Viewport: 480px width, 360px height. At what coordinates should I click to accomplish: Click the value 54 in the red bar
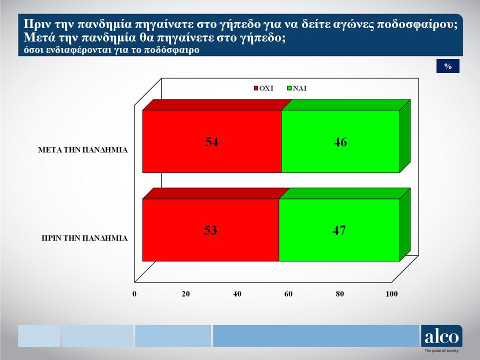(x=211, y=142)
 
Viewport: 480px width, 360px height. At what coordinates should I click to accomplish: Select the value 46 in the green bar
(x=340, y=142)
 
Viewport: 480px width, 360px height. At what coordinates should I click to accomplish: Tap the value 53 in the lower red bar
(x=210, y=230)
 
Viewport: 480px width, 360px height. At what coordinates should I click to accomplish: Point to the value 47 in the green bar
(x=339, y=230)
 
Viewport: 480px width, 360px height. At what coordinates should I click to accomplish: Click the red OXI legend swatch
(x=256, y=88)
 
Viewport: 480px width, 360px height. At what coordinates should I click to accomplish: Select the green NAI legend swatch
(x=289, y=88)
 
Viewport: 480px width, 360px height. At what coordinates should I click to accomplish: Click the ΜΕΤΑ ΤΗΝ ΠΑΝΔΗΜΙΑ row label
(x=82, y=150)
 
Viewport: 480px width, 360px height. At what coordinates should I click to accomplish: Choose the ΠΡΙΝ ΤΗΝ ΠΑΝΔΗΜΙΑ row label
(x=84, y=238)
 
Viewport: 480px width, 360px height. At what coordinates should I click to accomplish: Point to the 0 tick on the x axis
(x=134, y=294)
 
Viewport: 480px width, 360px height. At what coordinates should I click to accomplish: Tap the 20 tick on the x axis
(x=186, y=294)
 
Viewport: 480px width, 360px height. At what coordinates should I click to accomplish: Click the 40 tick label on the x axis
(x=237, y=294)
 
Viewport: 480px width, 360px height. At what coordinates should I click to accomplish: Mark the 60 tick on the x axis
(x=288, y=294)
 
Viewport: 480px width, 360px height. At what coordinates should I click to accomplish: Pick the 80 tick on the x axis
(x=340, y=294)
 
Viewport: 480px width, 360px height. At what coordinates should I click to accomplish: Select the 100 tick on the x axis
(x=391, y=294)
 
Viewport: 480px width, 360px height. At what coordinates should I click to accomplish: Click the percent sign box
(x=448, y=66)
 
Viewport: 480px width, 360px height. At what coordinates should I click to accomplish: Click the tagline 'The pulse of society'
(x=441, y=351)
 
